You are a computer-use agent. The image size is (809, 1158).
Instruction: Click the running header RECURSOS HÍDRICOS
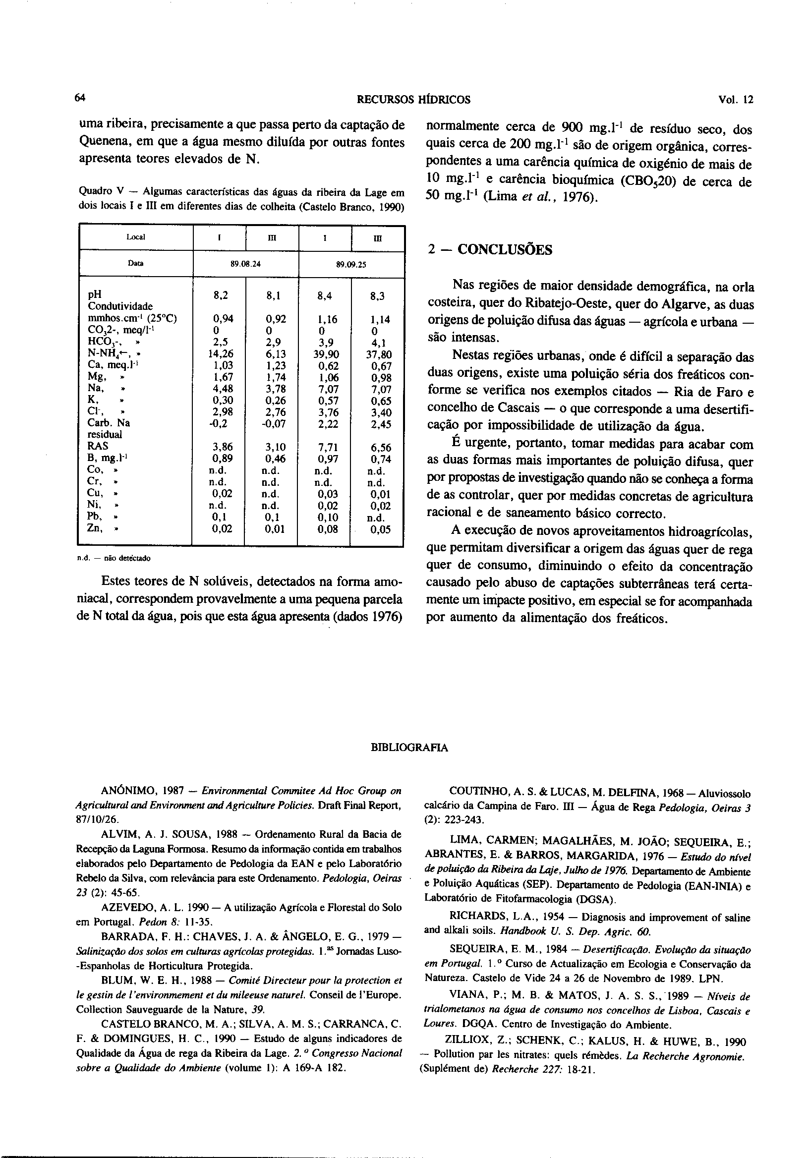(x=413, y=100)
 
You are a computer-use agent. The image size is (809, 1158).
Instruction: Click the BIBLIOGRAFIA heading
(x=409, y=748)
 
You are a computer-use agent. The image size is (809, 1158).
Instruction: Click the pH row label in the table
(x=94, y=294)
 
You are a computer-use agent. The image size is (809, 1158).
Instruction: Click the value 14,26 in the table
(x=221, y=354)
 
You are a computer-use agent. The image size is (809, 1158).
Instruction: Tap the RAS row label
(x=97, y=446)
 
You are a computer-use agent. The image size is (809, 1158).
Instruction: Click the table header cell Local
(x=136, y=237)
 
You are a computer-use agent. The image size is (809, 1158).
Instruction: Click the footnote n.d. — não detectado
(x=114, y=558)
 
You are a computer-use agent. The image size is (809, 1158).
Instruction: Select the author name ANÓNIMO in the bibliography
(x=131, y=791)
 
